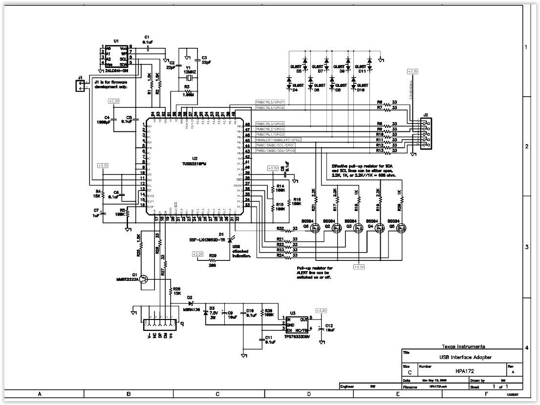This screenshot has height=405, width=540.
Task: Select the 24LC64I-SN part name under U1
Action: [113, 70]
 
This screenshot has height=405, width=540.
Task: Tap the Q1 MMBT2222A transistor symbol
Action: [143, 279]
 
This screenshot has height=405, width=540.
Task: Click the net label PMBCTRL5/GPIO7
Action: [270, 102]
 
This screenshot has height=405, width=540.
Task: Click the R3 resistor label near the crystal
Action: [187, 86]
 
